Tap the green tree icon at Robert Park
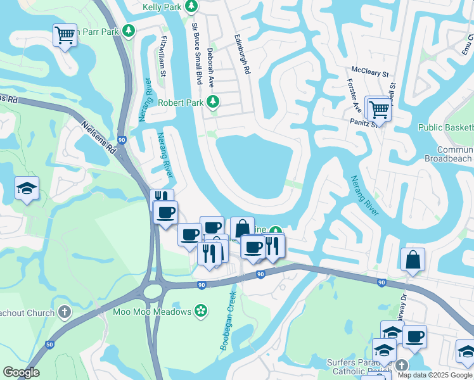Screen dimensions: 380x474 click(214, 102)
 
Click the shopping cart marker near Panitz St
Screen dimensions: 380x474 click(380, 108)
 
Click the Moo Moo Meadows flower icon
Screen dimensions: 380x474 click(201, 311)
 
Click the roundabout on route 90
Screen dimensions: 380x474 click(153, 291)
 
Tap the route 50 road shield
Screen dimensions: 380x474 click(49, 344)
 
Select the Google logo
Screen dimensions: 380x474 click(21, 372)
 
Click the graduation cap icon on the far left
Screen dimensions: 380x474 click(27, 188)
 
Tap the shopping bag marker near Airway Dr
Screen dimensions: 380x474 click(413, 259)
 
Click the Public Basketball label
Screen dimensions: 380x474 click(445, 127)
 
